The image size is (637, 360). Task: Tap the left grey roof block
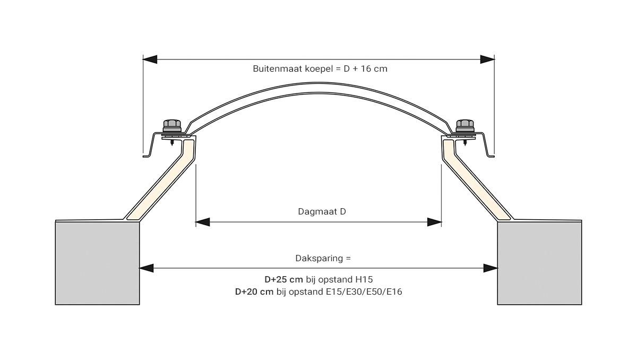(x=97, y=263)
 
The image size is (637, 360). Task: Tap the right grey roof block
(x=539, y=263)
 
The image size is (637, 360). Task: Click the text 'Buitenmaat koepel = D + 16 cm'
(x=320, y=69)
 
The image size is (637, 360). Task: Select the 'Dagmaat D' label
(x=322, y=211)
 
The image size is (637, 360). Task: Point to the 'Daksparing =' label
(x=323, y=258)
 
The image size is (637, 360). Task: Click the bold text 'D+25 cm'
(x=283, y=279)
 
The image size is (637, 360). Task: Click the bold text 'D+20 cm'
(x=254, y=292)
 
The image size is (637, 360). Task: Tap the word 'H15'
(x=364, y=279)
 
